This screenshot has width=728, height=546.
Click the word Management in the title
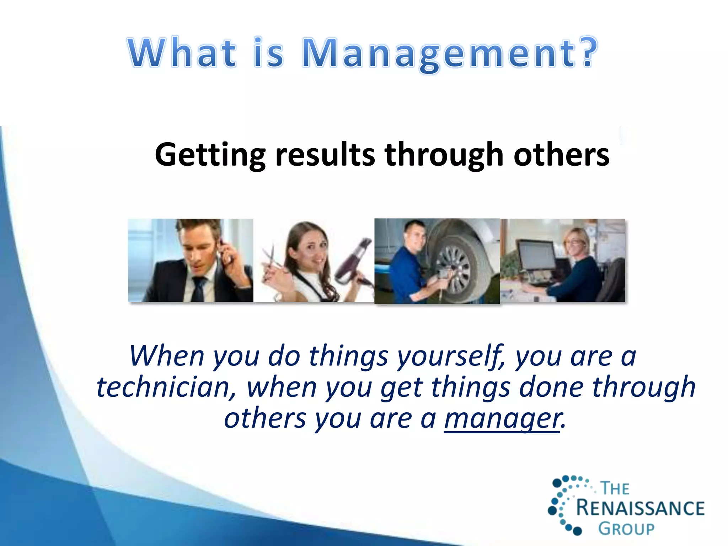pyautogui.click(x=437, y=53)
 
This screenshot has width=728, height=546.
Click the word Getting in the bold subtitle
pyautogui.click(x=210, y=155)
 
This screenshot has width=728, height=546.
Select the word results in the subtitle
pyautogui.click(x=325, y=154)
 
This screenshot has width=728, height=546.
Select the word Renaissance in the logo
pyautogui.click(x=640, y=508)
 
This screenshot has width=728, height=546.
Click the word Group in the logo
pyautogui.click(x=626, y=529)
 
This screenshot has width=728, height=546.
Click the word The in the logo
pyautogui.click(x=615, y=488)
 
